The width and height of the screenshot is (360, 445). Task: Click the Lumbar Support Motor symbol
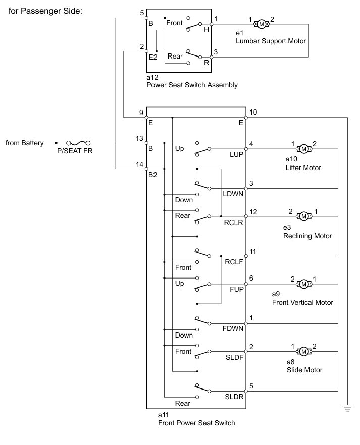(x=261, y=24)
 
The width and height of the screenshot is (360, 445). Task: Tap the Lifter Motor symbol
(x=304, y=149)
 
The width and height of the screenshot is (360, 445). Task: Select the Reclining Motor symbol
(x=304, y=216)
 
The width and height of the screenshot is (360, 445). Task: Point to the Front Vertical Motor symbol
(x=304, y=284)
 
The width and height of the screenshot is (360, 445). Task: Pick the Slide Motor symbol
(x=304, y=352)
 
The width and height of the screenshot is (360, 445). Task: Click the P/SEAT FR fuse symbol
(x=78, y=143)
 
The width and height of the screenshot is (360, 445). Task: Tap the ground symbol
(x=347, y=408)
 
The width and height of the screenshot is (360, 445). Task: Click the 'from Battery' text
(x=25, y=143)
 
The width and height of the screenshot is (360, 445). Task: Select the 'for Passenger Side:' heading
(x=45, y=11)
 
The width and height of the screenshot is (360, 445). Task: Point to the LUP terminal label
(x=236, y=155)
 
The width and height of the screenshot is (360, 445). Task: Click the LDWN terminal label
(x=233, y=194)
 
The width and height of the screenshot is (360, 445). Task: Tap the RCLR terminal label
(x=233, y=222)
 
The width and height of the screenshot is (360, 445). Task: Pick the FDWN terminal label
(x=233, y=328)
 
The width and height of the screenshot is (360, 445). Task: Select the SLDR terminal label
(x=234, y=397)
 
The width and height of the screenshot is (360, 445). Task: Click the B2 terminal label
(x=153, y=175)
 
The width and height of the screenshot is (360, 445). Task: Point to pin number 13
(x=139, y=138)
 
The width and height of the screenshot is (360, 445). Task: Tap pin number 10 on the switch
(x=253, y=113)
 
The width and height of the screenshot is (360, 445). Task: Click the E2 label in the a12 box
(x=153, y=58)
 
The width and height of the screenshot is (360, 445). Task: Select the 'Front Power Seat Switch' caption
(x=196, y=423)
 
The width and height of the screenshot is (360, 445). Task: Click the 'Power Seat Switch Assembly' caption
(x=192, y=85)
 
